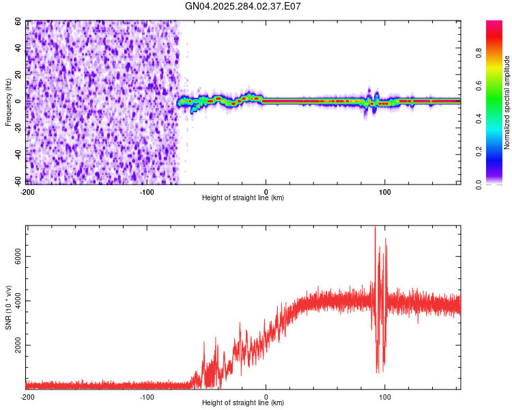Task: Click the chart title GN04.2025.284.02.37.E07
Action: pos(243,6)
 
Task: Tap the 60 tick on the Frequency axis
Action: pos(18,22)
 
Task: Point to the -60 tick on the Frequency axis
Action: pos(16,180)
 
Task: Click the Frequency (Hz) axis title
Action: pos(8,102)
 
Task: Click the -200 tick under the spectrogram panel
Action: pos(28,191)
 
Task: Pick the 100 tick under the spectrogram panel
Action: pos(385,191)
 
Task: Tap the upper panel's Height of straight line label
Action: pos(243,198)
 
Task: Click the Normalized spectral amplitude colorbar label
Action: pos(507,102)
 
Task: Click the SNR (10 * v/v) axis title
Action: pos(8,307)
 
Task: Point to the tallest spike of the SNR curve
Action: pos(375,228)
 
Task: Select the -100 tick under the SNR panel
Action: pos(147,396)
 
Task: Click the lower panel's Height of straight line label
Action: pos(243,403)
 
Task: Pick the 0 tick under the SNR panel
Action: pos(266,396)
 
